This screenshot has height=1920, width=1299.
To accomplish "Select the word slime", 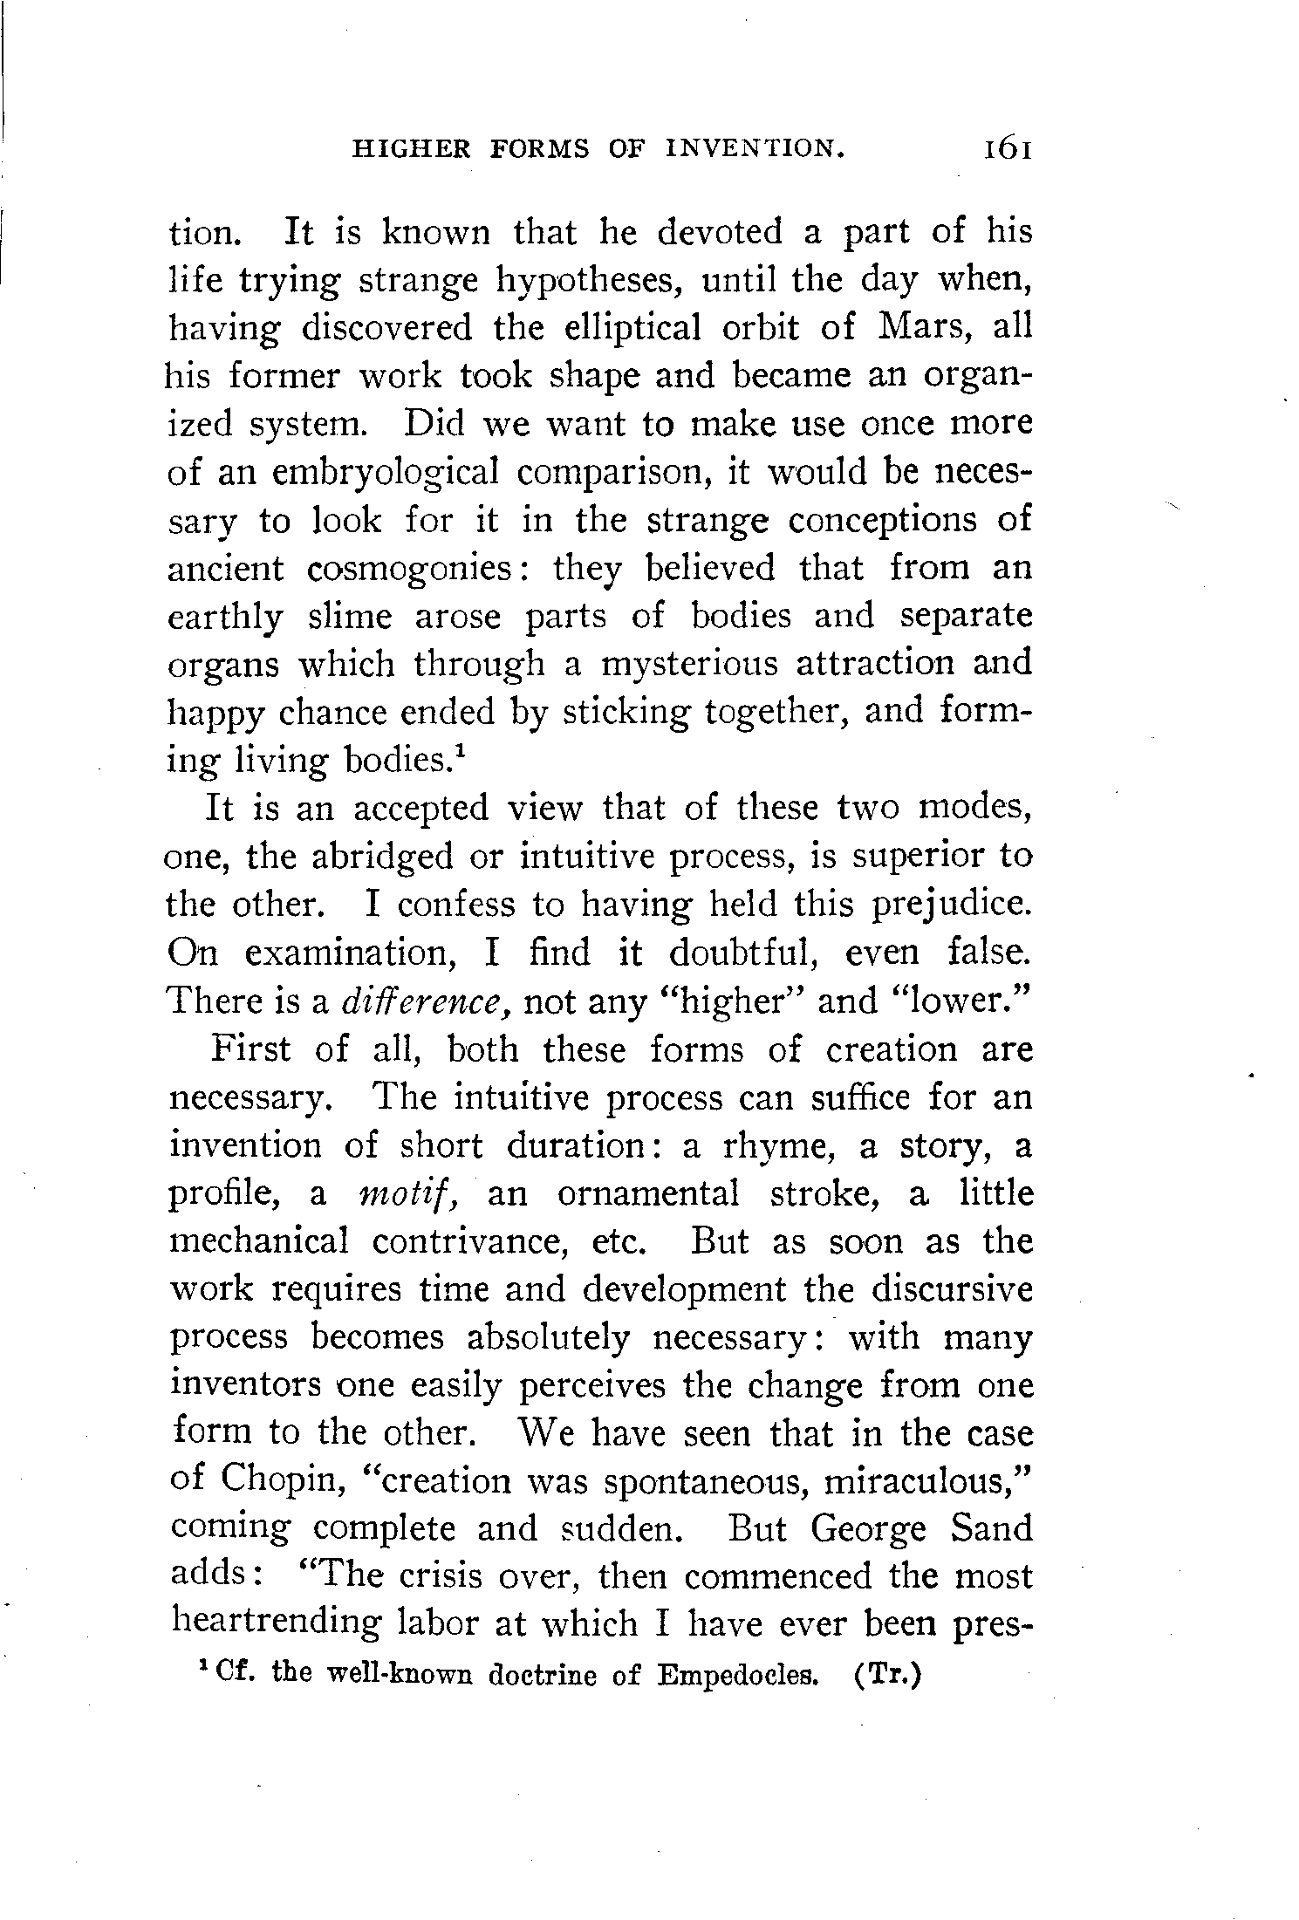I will point(349,617).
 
